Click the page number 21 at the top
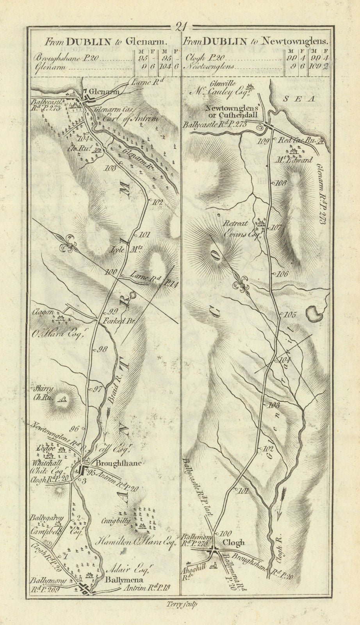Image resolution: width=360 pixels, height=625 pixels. (x=180, y=27)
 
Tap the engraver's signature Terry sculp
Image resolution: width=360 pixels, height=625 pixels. (x=182, y=604)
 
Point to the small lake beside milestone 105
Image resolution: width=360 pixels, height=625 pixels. (x=314, y=313)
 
